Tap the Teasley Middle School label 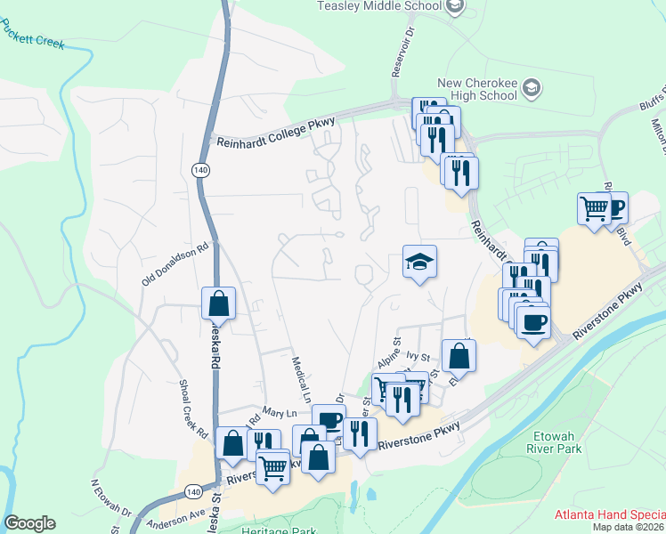coord(380,5)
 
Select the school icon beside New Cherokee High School coord(532,86)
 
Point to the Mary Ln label coord(279,412)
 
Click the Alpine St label coord(390,350)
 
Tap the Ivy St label coord(412,354)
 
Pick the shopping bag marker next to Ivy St coord(459,355)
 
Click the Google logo coord(29,523)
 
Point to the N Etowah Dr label coord(111,500)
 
